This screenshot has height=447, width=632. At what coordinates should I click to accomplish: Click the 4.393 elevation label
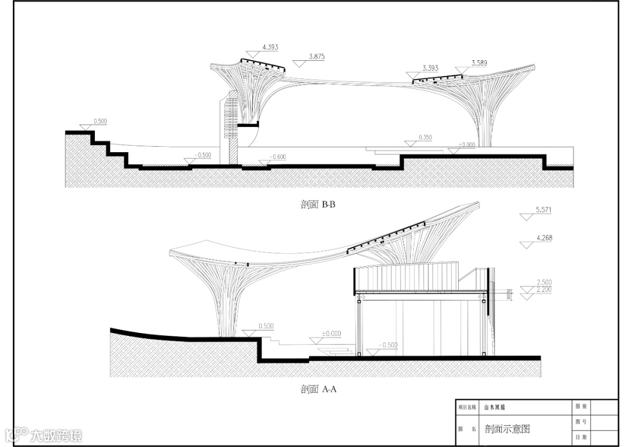click(x=270, y=46)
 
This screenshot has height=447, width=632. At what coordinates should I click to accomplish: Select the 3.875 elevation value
click(x=316, y=57)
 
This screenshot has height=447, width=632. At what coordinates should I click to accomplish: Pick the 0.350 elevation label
click(x=425, y=137)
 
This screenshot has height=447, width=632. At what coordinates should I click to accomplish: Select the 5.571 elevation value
click(x=544, y=209)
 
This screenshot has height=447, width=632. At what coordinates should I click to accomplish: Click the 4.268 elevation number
click(x=544, y=238)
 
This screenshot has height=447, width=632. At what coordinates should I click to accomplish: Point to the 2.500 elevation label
click(x=544, y=283)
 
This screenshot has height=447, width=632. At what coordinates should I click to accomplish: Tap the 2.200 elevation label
click(x=544, y=290)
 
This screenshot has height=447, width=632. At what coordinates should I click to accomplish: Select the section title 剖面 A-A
click(x=318, y=389)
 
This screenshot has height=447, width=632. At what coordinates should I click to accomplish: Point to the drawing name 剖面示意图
click(x=507, y=429)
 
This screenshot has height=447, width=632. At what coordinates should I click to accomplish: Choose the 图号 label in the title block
click(x=581, y=422)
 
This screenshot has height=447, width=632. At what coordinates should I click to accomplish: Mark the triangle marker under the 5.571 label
click(x=527, y=216)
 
